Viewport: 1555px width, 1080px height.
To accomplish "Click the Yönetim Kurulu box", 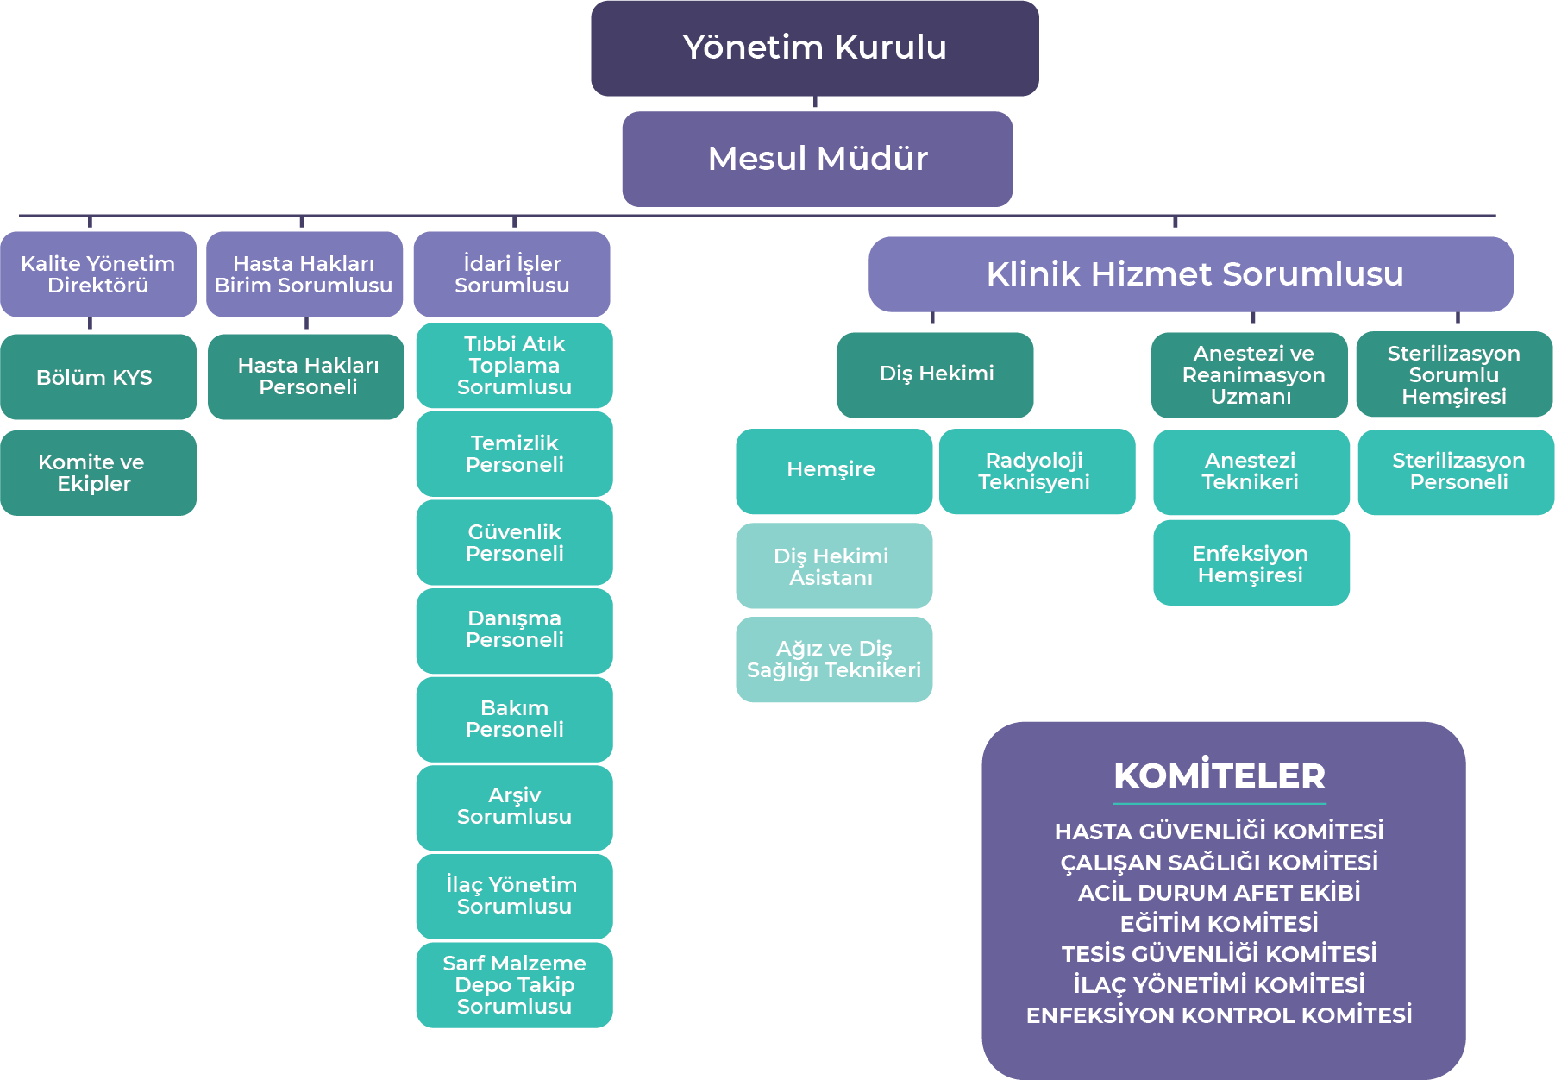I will click(814, 48).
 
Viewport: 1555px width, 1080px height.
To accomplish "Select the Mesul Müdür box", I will click(817, 159).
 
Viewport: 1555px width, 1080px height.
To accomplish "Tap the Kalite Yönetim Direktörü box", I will click(98, 274).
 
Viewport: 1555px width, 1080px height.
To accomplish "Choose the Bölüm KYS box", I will click(98, 377).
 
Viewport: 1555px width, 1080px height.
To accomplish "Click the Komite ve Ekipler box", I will click(98, 473).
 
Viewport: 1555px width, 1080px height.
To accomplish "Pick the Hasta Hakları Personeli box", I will click(306, 377).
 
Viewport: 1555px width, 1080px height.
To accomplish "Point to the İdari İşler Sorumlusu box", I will click(511, 274).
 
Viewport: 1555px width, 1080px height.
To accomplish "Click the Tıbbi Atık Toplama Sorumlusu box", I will click(514, 366).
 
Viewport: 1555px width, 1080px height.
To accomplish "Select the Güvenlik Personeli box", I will click(514, 543).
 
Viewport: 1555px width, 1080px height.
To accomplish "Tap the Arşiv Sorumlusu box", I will click(514, 807).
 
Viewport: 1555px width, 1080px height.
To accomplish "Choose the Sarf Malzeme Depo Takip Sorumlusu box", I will click(514, 984).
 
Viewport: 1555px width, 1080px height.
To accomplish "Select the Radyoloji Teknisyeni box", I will click(1037, 471).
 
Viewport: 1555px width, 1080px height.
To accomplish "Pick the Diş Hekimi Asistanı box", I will click(833, 566).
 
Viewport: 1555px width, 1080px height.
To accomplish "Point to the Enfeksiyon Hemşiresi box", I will click(1251, 563).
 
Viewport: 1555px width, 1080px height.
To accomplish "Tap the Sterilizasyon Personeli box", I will click(1457, 472).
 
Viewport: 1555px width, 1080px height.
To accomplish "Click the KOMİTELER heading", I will click(1220, 775).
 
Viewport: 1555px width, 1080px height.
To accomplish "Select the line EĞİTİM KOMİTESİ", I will click(1220, 924).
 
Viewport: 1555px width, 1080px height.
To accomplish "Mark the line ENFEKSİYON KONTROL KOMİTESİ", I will click(1220, 1015).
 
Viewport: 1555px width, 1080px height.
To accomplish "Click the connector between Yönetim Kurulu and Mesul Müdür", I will click(815, 104).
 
